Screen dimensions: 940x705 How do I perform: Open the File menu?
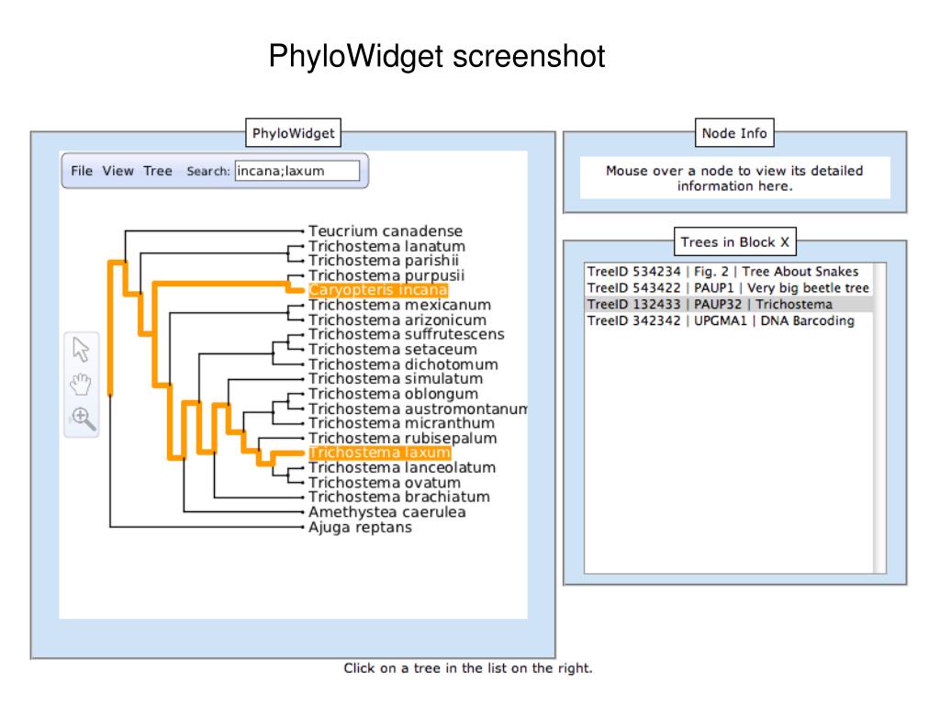(x=82, y=171)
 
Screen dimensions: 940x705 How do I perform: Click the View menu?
(x=117, y=171)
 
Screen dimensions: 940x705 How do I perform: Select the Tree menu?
(x=158, y=171)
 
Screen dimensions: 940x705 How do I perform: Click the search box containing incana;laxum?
(x=297, y=171)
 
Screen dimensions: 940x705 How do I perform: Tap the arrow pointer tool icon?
(x=81, y=349)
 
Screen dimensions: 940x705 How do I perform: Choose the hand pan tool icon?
(x=81, y=384)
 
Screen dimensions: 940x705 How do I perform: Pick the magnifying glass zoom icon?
(x=84, y=419)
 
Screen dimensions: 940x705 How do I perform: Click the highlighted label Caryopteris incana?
(x=377, y=290)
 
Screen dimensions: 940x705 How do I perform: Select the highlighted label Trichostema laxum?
(x=379, y=453)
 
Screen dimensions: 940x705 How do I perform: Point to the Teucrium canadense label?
(x=386, y=230)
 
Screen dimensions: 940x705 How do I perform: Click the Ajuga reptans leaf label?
(x=360, y=527)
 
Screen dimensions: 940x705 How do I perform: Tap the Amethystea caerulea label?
(x=387, y=512)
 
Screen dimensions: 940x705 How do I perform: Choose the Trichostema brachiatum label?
(x=399, y=497)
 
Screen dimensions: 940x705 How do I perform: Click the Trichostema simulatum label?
(x=396, y=379)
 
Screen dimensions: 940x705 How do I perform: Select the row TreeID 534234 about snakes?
(x=723, y=272)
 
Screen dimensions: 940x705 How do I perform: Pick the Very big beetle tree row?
(x=728, y=287)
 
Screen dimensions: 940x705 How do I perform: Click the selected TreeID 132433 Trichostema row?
(x=710, y=304)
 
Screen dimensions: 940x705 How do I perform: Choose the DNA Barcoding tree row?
(x=721, y=320)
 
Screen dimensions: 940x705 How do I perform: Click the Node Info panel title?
(x=734, y=133)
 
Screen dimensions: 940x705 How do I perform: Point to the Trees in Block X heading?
(x=735, y=242)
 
